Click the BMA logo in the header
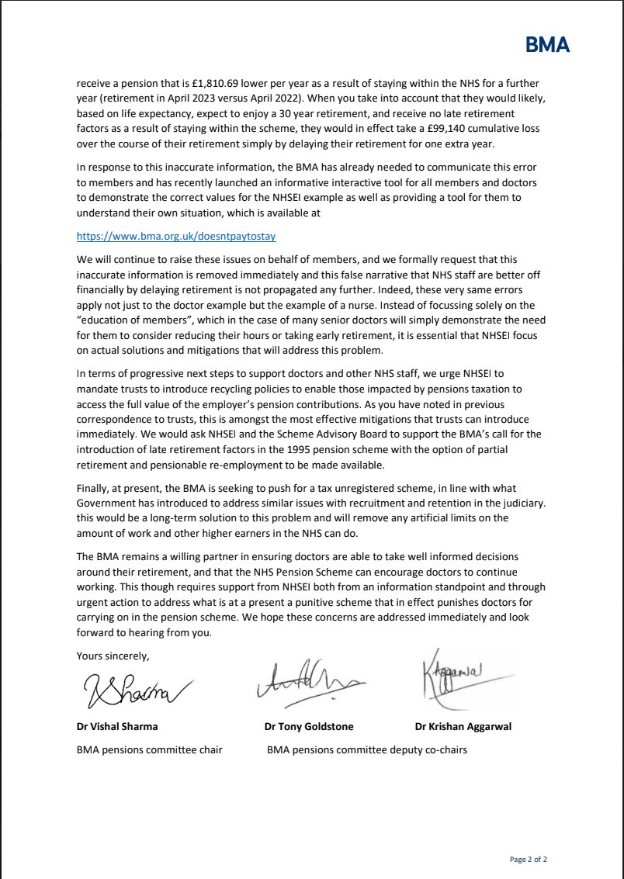(547, 46)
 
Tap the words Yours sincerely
(113, 656)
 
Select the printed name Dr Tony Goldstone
(308, 728)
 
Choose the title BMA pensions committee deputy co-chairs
(366, 750)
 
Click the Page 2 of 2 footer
(528, 860)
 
